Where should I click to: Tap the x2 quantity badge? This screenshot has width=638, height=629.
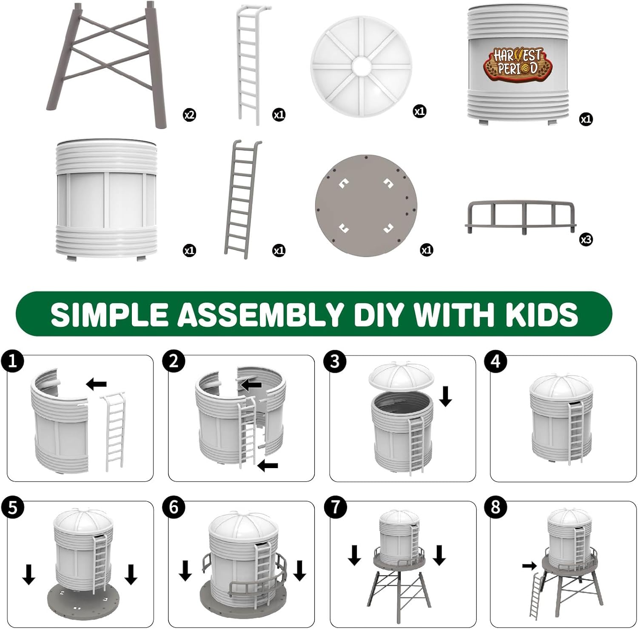(x=190, y=115)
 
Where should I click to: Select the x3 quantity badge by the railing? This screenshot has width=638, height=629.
(x=586, y=240)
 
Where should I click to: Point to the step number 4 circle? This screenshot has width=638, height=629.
(x=496, y=362)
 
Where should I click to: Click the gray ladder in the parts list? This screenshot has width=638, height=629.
(x=242, y=199)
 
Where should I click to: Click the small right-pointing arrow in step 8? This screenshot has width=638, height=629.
(x=530, y=566)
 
